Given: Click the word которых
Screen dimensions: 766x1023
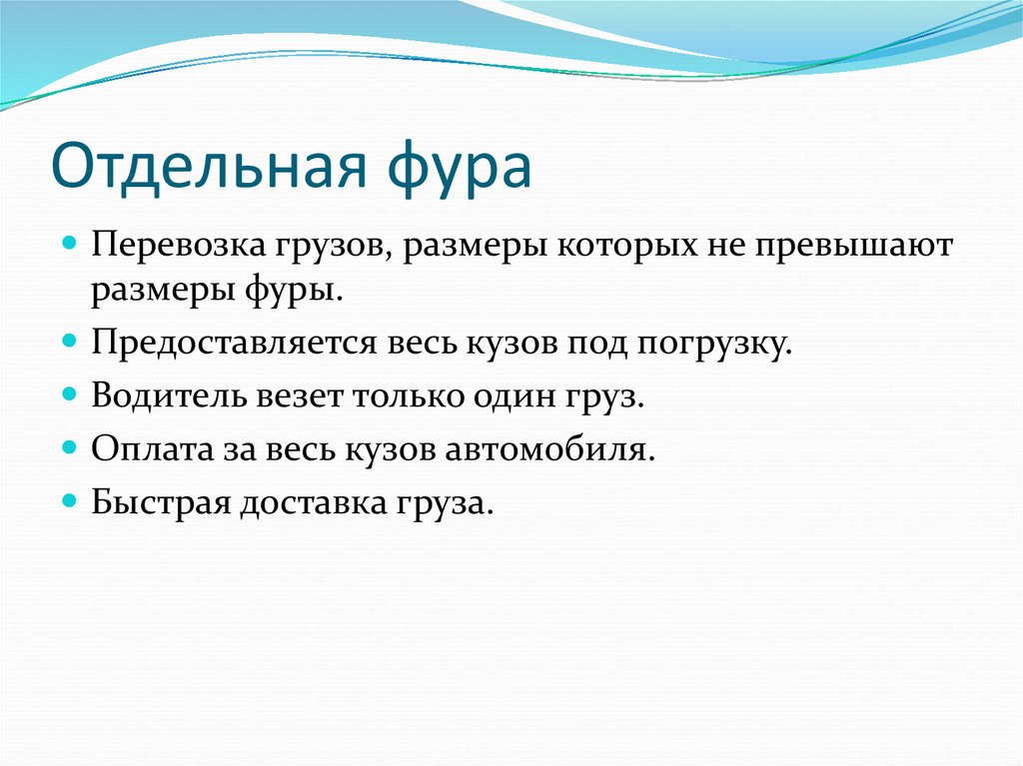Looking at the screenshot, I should (621, 246).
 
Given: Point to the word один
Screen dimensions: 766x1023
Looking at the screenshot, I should (522, 395).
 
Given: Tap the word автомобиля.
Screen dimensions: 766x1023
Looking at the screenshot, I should (566, 447).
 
